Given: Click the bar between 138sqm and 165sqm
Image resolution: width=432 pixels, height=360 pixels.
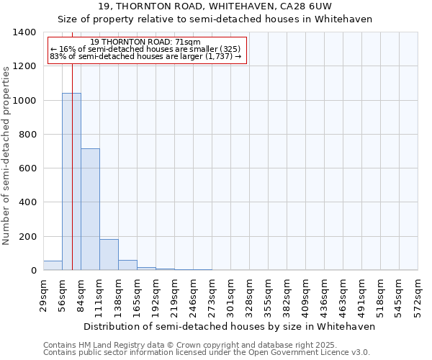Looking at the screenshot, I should (127, 265).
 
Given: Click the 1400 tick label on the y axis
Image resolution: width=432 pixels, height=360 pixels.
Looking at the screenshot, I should (24, 32).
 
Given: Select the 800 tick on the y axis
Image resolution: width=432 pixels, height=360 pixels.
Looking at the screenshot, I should (27, 135).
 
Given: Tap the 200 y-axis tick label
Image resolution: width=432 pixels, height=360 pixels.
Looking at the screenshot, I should (27, 237).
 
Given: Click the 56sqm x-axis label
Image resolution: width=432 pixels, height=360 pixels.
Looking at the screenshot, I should (62, 293).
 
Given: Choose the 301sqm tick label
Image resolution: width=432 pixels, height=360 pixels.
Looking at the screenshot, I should (230, 293).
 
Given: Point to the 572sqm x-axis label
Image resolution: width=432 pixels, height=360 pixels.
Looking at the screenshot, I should (418, 293).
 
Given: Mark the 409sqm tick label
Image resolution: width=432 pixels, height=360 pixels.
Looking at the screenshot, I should (305, 293).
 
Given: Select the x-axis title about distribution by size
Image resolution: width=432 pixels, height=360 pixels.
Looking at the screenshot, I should (230, 326).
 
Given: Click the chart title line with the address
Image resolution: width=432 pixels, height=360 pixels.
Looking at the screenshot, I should (225, 6).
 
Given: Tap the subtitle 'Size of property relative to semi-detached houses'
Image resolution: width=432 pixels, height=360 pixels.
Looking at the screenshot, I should (225, 19).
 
